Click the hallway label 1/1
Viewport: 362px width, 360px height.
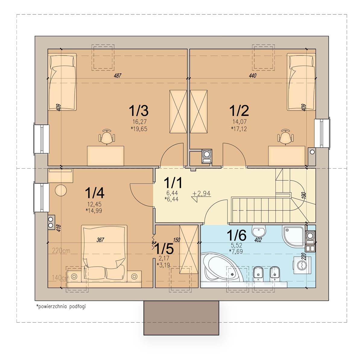(173, 183)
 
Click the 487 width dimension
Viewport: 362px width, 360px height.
(118, 76)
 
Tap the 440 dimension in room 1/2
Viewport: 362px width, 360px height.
(252, 76)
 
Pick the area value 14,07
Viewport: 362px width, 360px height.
(239, 122)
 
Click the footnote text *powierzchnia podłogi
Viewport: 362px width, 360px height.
(61, 306)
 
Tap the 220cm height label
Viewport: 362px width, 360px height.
(61, 251)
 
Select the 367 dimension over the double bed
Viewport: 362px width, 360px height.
(100, 240)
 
